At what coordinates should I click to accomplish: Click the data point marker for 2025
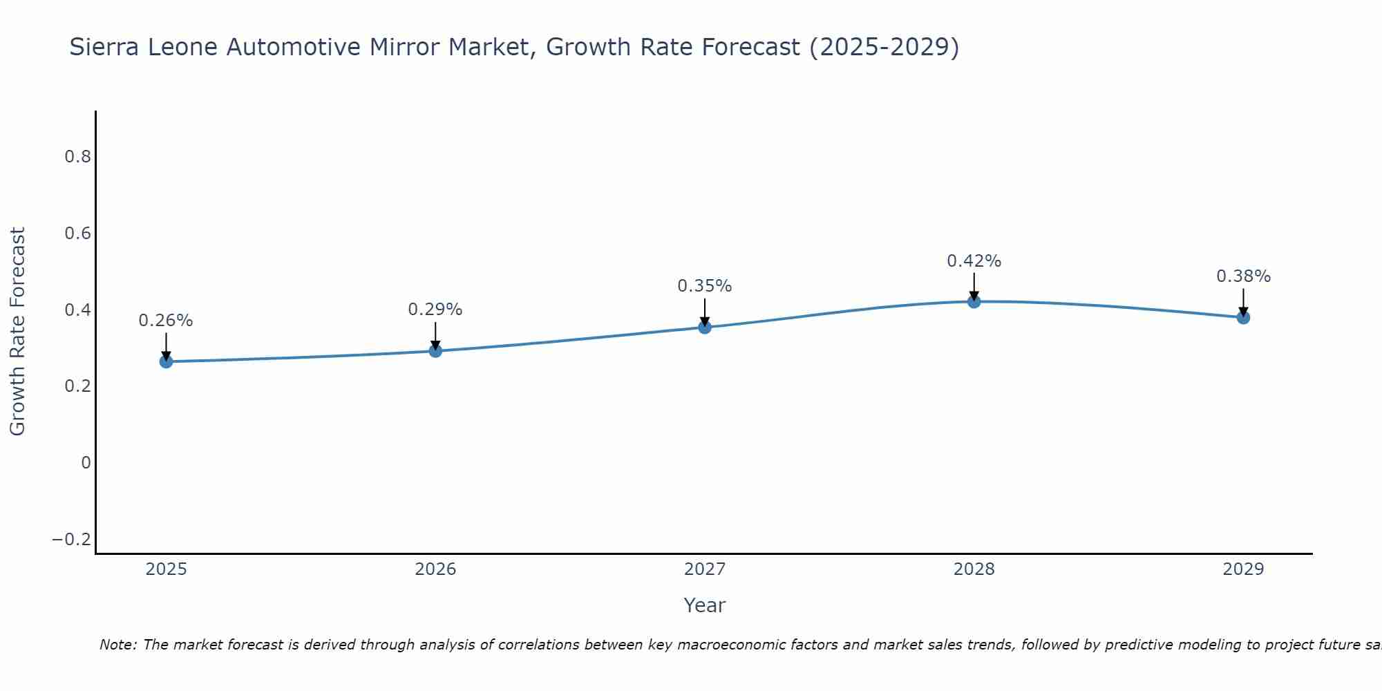166,361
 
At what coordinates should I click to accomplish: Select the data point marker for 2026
435,351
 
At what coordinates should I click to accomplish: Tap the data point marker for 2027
705,327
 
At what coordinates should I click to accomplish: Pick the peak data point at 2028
974,301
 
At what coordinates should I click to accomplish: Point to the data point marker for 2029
1243,317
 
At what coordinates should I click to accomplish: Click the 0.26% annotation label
166,321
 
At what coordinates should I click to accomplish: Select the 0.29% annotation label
435,310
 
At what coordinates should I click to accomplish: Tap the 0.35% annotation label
705,286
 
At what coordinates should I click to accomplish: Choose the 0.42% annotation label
974,261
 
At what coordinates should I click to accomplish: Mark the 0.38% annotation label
1243,276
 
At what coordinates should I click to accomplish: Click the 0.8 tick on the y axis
77,157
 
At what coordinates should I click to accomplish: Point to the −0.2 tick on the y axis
71,539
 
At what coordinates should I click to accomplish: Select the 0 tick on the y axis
86,462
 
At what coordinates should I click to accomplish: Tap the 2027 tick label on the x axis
705,569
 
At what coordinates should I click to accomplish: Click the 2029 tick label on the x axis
1243,569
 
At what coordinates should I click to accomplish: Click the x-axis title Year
705,605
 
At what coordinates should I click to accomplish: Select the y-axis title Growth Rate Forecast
17,332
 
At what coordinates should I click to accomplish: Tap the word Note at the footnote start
117,645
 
